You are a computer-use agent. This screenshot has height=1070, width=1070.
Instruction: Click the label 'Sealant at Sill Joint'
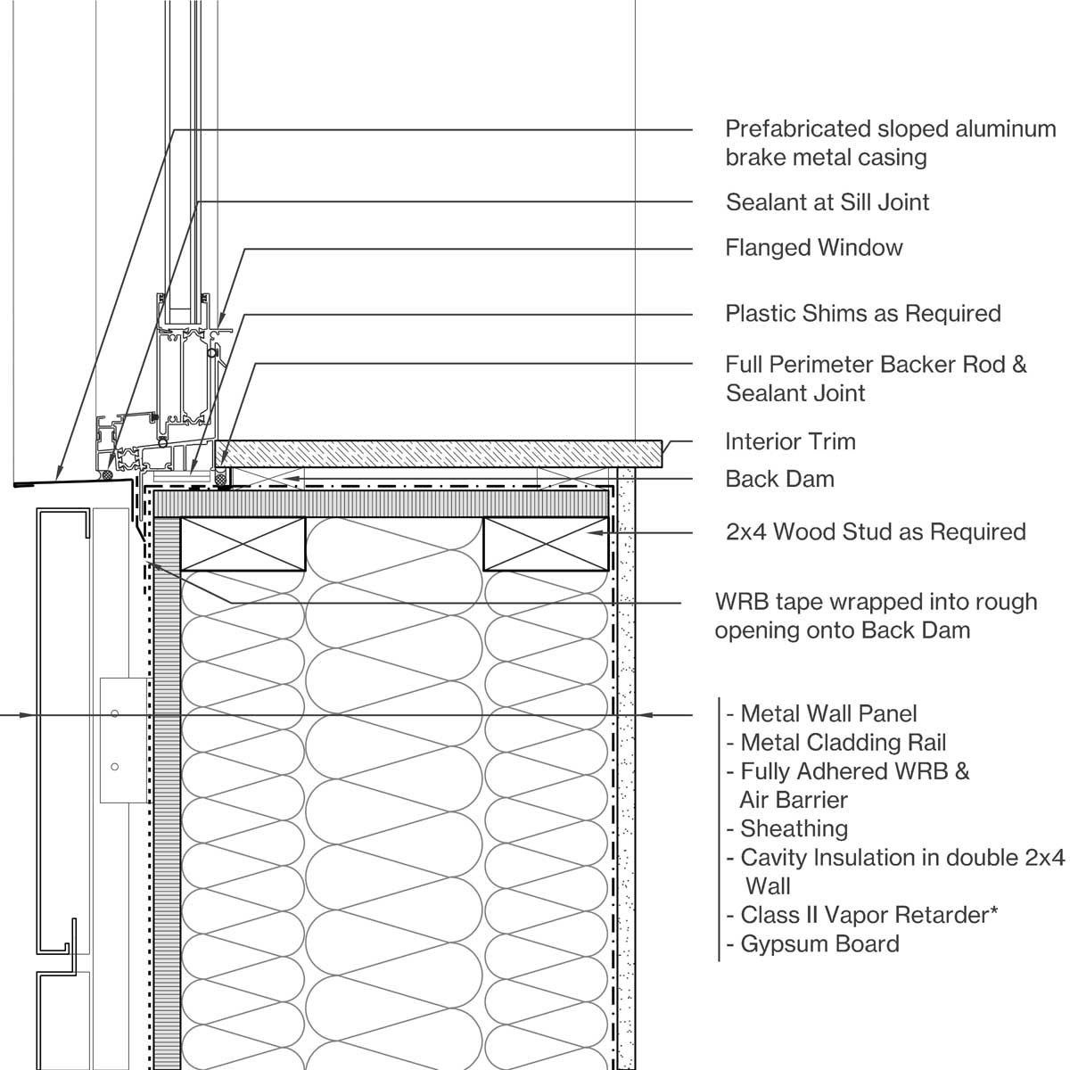pos(827,202)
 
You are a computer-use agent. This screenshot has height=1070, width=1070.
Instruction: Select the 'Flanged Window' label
pos(813,247)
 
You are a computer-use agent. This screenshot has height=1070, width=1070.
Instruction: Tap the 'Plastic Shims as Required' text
pos(862,314)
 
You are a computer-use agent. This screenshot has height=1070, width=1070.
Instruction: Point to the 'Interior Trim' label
pos(789,441)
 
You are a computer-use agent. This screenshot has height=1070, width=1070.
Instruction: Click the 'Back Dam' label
pos(779,479)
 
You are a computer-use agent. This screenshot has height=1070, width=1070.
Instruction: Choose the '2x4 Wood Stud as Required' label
pos(875,532)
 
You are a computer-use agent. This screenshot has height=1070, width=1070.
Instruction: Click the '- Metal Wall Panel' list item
pos(821,713)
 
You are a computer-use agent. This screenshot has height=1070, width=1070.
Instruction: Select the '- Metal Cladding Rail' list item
pos(835,743)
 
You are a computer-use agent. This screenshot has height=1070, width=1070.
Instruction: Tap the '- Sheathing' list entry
pos(786,828)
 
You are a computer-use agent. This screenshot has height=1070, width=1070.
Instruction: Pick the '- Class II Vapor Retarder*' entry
pos(861,915)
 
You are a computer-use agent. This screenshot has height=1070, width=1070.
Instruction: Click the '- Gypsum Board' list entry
pos(812,944)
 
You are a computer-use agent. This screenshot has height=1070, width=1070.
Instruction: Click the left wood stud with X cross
pos(243,543)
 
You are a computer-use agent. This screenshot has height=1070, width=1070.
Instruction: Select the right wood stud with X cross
pos(546,543)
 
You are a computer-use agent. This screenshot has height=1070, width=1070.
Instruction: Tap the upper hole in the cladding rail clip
pos(115,713)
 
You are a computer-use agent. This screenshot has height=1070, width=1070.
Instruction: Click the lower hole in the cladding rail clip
pos(115,767)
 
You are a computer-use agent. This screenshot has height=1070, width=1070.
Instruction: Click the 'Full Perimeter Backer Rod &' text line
pos(876,365)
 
